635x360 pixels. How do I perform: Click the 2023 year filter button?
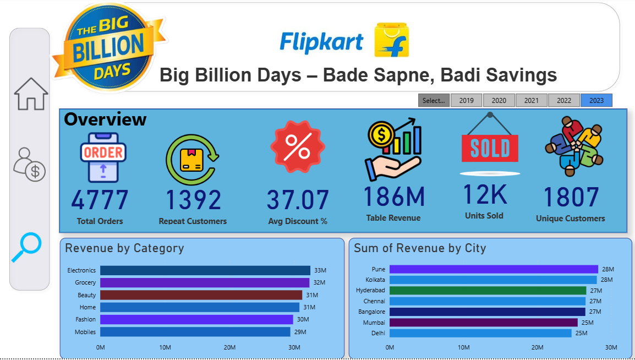coord(596,101)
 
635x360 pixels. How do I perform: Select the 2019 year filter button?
coord(466,101)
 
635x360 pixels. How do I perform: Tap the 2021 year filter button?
coord(531,101)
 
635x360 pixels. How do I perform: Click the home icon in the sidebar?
coord(31,94)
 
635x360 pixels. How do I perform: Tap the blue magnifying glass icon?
coord(26,247)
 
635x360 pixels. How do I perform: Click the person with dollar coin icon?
coord(30,165)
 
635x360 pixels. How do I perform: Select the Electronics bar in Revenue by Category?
coord(205,270)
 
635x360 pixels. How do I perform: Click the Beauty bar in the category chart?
coord(201,295)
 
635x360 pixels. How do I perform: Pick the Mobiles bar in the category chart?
coord(195,332)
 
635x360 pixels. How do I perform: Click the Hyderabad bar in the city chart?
coord(488,290)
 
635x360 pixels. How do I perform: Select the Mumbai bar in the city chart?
coord(483,323)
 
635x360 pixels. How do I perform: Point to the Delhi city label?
coord(379,333)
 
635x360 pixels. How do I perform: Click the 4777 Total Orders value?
coord(100,200)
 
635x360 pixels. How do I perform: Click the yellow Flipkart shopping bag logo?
coord(391,40)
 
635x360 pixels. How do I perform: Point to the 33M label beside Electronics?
coord(320,270)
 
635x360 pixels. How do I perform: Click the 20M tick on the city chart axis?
coord(537,347)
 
